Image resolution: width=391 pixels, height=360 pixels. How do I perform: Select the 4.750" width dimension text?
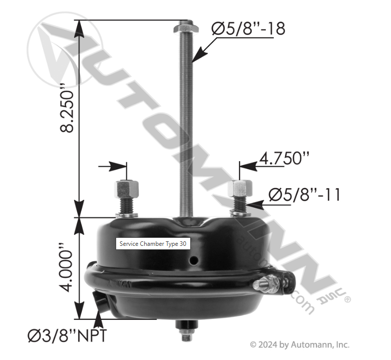[x=284, y=159]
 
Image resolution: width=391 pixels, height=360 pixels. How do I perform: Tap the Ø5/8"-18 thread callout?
[x=248, y=28]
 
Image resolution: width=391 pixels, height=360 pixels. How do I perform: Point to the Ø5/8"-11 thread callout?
[x=304, y=194]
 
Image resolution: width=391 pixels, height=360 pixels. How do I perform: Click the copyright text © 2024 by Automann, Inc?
[x=299, y=344]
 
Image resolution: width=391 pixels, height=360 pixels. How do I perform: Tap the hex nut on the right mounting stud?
[x=237, y=189]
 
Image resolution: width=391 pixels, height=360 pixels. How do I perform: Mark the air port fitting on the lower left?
[x=100, y=302]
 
